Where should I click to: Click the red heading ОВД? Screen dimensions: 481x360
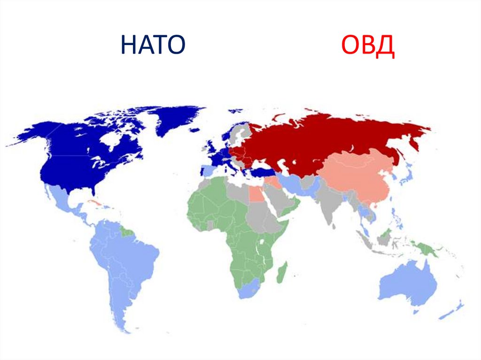367,46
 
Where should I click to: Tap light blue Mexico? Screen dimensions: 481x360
61,199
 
